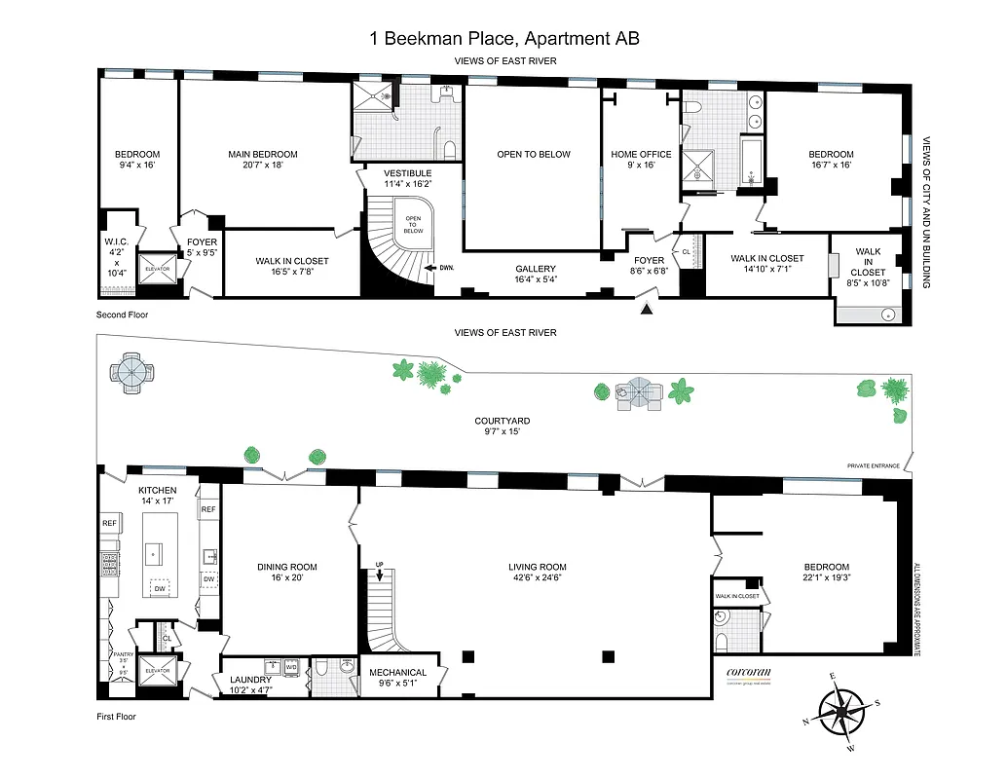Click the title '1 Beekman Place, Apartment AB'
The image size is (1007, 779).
point(504,39)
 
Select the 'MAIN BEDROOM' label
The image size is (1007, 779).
point(263,154)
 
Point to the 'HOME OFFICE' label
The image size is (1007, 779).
point(641,154)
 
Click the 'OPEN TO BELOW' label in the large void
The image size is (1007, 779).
point(534,154)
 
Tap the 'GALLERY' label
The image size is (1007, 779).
point(536,269)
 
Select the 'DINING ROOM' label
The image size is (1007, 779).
point(287,567)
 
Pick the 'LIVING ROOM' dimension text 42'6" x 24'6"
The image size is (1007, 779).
point(537,578)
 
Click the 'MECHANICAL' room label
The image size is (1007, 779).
point(397,672)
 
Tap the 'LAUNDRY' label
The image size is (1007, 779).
point(250,680)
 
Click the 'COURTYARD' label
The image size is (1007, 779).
point(503,421)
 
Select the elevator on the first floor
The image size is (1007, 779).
point(157,671)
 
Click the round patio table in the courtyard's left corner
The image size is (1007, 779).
point(131,371)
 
